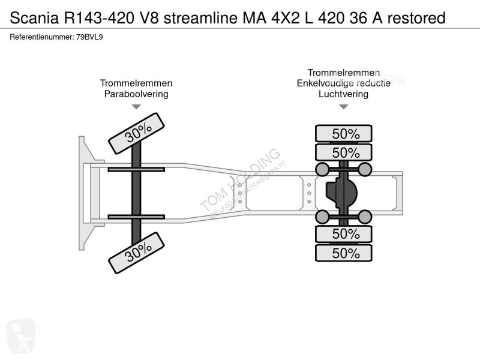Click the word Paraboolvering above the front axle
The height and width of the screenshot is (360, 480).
[136, 94]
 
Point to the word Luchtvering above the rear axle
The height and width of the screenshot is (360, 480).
[343, 94]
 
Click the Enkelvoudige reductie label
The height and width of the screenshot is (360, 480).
[343, 83]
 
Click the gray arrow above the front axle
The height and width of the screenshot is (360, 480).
[136, 107]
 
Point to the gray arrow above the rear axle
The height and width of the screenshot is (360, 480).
[343, 107]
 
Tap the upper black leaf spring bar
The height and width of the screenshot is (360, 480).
[136, 170]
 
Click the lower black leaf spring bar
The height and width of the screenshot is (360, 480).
[136, 216]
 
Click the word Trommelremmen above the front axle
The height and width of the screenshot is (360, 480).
[136, 83]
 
